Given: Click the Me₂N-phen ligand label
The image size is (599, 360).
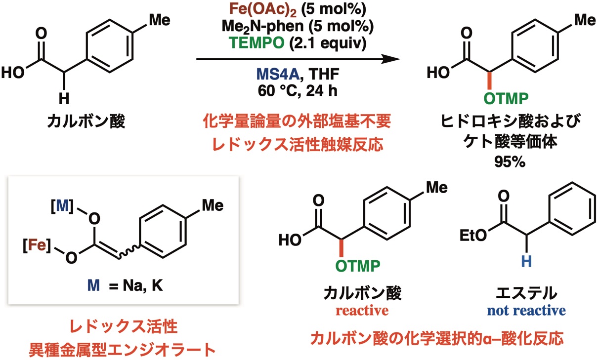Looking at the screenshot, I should pos(273,27).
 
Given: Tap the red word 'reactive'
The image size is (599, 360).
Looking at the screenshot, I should pos(361,311).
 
